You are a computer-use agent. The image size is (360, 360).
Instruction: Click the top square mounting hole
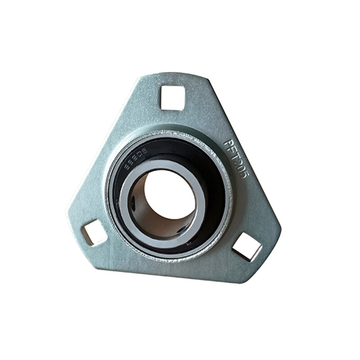pos(173,98)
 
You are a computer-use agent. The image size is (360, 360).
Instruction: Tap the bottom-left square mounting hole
pos(94,232)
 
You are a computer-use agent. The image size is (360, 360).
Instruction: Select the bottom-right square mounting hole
pos(247,246)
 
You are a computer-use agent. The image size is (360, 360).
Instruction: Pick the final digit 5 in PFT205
pos(243,173)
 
